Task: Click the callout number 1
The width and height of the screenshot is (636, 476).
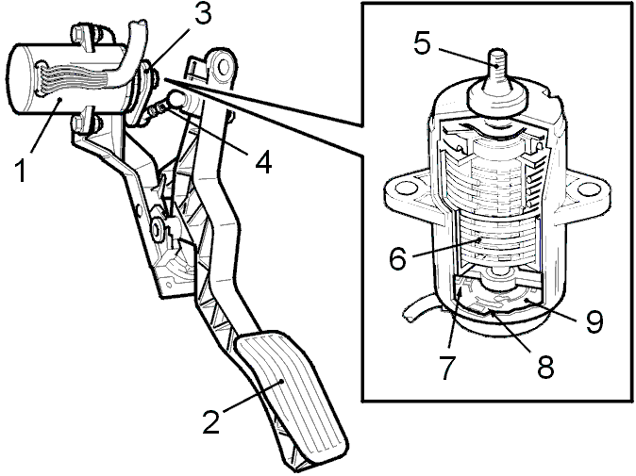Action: pyautogui.click(x=20, y=171)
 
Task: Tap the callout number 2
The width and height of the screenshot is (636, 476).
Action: pyautogui.click(x=212, y=421)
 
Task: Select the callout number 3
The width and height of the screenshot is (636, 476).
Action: pyautogui.click(x=202, y=15)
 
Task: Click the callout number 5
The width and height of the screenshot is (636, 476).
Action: pyautogui.click(x=423, y=42)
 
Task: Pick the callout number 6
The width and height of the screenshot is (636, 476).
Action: pyautogui.click(x=397, y=258)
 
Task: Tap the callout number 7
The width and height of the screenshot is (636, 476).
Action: pyautogui.click(x=449, y=368)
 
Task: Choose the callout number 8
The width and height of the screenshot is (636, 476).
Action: pyautogui.click(x=545, y=368)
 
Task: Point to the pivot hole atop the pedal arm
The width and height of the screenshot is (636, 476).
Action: pyautogui.click(x=223, y=67)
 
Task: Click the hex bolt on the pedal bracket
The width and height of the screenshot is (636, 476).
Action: pyautogui.click(x=157, y=229)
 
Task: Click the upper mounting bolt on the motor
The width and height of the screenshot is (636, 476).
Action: pyautogui.click(x=85, y=39)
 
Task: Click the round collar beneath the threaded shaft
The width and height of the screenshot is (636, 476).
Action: pyautogui.click(x=497, y=96)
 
